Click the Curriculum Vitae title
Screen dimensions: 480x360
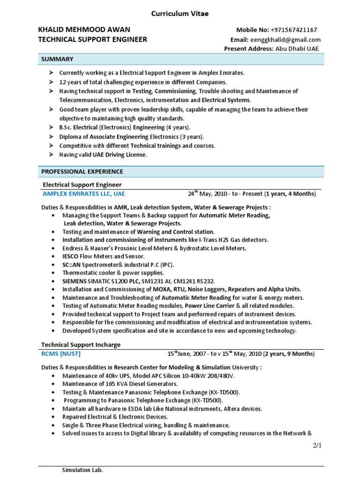tap(180, 14)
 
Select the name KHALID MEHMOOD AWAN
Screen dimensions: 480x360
tap(84, 30)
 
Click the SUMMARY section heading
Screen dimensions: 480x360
tap(57, 59)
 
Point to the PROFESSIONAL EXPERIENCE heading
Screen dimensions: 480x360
tap(82, 172)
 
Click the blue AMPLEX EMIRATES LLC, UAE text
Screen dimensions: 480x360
tap(84, 193)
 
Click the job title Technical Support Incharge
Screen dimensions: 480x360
tap(81, 345)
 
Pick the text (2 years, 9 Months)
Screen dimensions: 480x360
tap(289, 354)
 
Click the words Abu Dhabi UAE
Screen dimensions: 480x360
tap(297, 49)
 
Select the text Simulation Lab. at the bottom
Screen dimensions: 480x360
tap(82, 470)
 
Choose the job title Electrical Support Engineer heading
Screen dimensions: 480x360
tap(82, 185)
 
